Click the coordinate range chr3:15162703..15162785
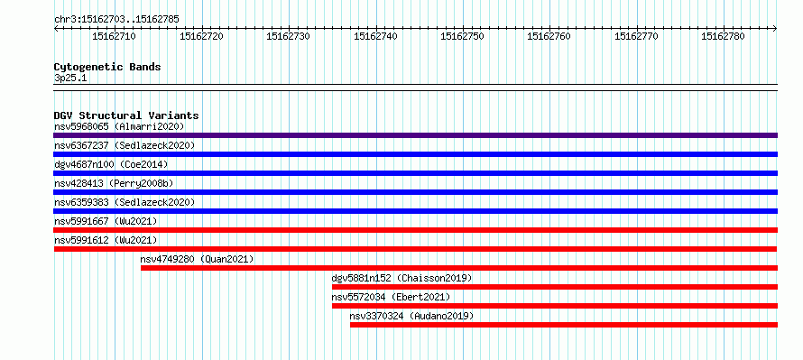(116, 20)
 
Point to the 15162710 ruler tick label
(114, 36)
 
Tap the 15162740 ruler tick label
(375, 36)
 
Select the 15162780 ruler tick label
(723, 36)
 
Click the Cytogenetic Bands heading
(107, 67)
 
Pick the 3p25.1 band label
(70, 78)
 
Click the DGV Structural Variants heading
(126, 115)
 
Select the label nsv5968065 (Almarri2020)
(119, 126)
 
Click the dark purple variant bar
(415, 135)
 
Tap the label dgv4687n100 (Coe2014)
(111, 164)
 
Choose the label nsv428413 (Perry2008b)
(115, 183)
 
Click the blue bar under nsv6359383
(415, 211)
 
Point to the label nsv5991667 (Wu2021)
(106, 221)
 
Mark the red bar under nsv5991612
(415, 249)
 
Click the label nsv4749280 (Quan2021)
(198, 259)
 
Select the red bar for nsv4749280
(459, 268)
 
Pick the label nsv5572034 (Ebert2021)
(391, 297)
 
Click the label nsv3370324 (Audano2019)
(411, 316)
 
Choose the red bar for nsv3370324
(564, 325)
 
